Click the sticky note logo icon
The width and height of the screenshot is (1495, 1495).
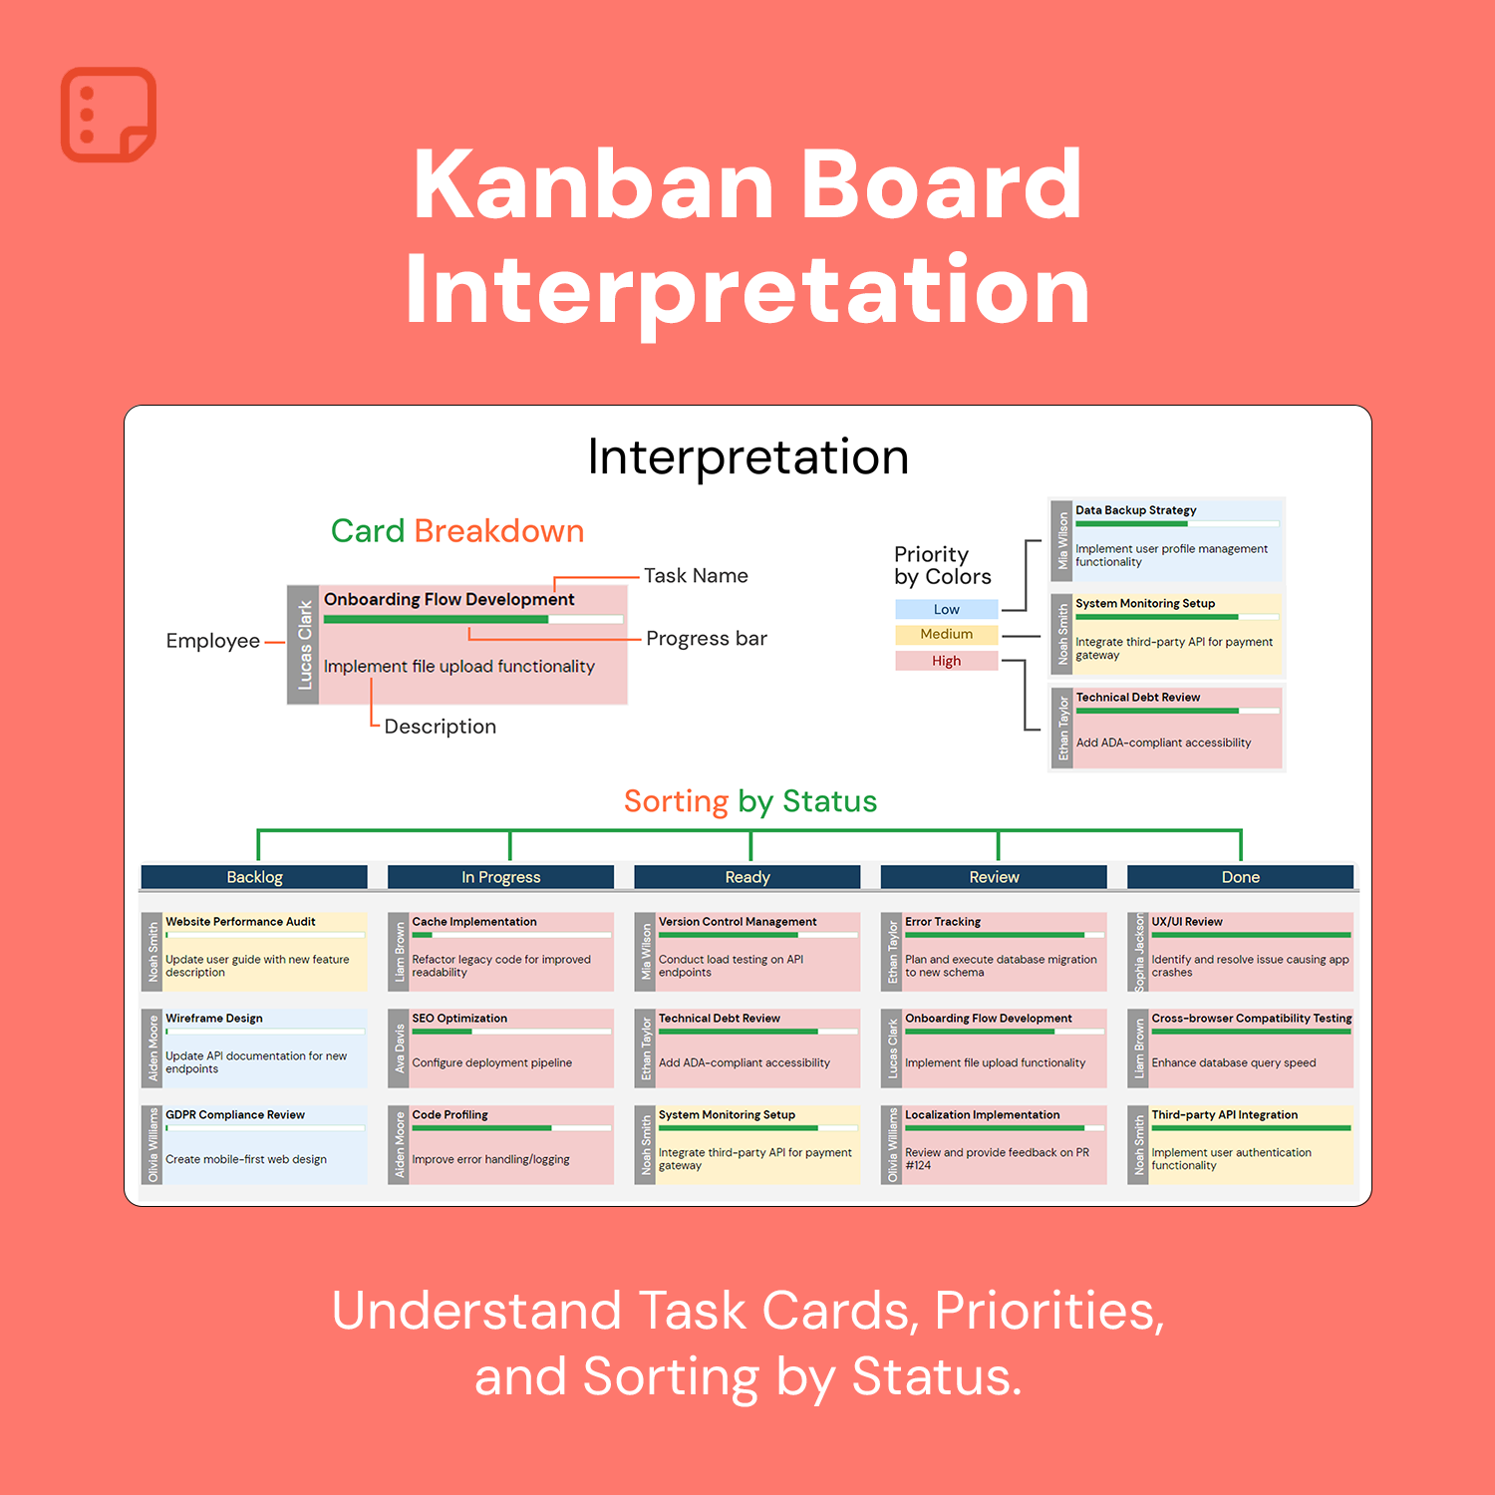[109, 115]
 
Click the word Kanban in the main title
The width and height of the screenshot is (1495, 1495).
[594, 184]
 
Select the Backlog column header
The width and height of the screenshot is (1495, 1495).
[254, 877]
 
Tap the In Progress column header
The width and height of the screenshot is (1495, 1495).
[500, 877]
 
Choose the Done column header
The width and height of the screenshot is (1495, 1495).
[1241, 877]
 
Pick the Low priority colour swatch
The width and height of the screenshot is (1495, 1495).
[947, 609]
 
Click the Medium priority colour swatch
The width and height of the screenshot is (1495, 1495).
[947, 634]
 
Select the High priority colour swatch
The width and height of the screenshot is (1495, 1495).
[947, 660]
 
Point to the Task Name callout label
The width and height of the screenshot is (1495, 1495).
[696, 575]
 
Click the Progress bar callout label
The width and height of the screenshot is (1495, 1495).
[707, 638]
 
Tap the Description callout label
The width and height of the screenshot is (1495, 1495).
[441, 727]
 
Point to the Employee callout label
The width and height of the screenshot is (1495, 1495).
[213, 641]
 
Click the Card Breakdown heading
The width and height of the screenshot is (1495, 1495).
[457, 531]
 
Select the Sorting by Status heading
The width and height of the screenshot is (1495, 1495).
[750, 801]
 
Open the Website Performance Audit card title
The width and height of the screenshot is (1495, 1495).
[240, 922]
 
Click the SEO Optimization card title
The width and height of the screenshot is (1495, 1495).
[459, 1019]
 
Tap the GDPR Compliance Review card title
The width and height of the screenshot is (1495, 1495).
[235, 1115]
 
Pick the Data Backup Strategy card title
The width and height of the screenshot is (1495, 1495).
[1136, 510]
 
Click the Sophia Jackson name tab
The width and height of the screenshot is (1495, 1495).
[1140, 952]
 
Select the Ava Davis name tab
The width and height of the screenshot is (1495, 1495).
[400, 1048]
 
